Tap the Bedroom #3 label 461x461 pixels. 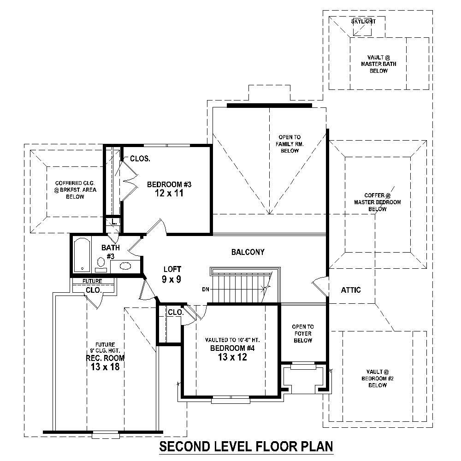pyautogui.click(x=169, y=189)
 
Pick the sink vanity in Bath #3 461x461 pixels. pyautogui.click(x=125, y=266)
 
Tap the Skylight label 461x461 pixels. pyautogui.click(x=363, y=22)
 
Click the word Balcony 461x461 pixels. pyautogui.click(x=248, y=252)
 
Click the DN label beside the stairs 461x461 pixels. pyautogui.click(x=206, y=290)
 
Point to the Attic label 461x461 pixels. pyautogui.click(x=351, y=290)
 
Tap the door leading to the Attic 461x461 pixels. pyautogui.click(x=319, y=286)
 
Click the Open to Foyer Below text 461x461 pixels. pyautogui.click(x=303, y=333)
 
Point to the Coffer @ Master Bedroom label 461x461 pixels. pyautogui.click(x=377, y=202)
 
